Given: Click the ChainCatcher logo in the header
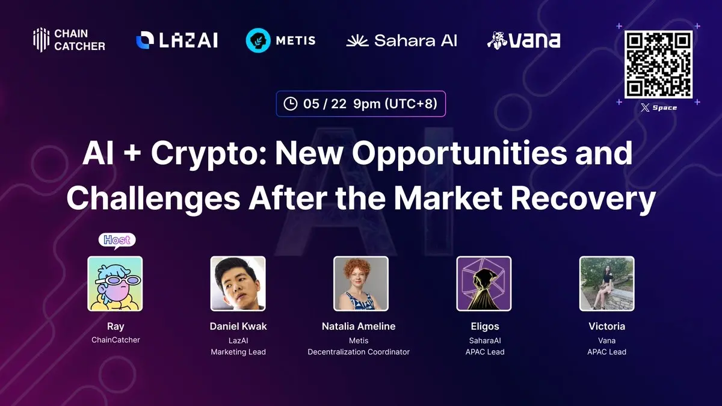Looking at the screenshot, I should (x=69, y=40).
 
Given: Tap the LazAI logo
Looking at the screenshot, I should (x=177, y=40).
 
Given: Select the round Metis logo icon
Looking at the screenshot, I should (x=258, y=40).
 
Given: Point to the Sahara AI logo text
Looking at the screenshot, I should (x=415, y=40).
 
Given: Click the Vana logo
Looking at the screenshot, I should (x=523, y=40).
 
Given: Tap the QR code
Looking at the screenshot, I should (x=659, y=64).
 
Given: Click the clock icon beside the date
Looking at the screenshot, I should (x=291, y=103).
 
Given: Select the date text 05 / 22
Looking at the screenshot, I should (x=325, y=103).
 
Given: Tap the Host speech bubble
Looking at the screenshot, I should (x=117, y=241).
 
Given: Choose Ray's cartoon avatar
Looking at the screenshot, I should (x=115, y=283).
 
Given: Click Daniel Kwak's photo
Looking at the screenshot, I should (x=238, y=283).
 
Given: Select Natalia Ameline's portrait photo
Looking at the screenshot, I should (x=361, y=283).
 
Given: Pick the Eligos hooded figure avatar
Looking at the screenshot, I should (x=484, y=283).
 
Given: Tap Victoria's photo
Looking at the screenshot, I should (x=606, y=283).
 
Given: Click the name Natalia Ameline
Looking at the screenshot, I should (x=359, y=326).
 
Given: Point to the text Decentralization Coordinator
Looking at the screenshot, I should (x=359, y=352).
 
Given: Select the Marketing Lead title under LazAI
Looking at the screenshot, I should (x=238, y=352).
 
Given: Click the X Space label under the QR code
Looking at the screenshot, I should (x=659, y=108).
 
